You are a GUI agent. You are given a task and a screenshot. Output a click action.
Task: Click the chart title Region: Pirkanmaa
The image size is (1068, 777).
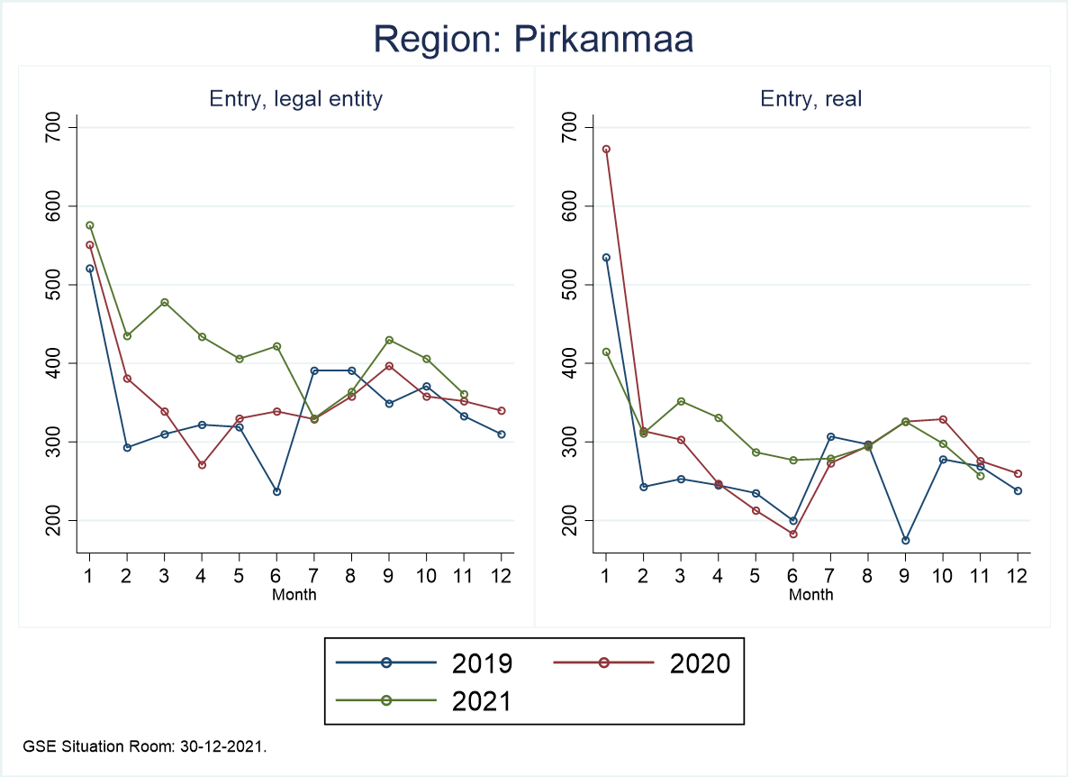pos(533,39)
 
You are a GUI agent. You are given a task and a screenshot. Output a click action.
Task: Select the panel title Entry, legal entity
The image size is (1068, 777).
pos(296,99)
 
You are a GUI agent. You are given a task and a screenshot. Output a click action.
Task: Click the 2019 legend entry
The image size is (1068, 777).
pos(423,663)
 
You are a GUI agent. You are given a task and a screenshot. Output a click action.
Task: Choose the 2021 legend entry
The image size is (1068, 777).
pos(423,701)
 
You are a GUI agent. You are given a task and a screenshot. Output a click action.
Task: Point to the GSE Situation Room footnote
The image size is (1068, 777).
pos(145,746)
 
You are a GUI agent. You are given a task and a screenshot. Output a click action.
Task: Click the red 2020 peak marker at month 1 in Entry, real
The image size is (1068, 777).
pos(606,149)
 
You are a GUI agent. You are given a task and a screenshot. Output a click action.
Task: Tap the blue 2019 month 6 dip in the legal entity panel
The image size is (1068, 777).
pos(276,491)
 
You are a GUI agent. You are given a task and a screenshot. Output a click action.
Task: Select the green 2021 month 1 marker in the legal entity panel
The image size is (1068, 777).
pos(89,225)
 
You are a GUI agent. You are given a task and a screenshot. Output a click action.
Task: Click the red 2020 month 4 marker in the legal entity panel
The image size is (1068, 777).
pos(202,465)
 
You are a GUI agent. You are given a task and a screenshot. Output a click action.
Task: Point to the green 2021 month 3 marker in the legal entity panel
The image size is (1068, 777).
pos(164,302)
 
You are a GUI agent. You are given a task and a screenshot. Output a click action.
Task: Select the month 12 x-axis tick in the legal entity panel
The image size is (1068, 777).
pos(501,576)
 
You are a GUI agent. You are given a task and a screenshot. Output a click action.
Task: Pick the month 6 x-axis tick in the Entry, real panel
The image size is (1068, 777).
pos(792,576)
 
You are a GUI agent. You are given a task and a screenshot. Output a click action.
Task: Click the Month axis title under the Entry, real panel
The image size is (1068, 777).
pos(811,594)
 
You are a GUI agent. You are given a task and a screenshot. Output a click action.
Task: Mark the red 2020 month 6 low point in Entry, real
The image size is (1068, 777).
pos(792,534)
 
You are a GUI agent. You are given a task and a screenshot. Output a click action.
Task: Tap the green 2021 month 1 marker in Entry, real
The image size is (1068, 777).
pos(606,352)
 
